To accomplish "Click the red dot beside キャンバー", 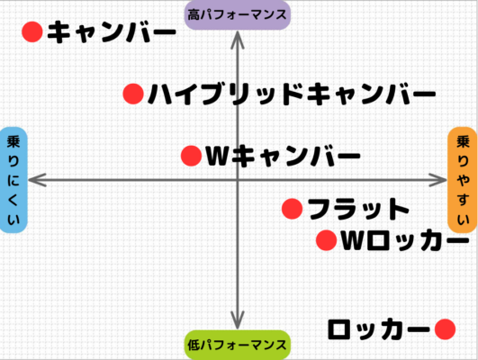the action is [32, 32].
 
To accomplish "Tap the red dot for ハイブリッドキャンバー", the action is [133, 94].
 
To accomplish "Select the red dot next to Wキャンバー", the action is [192, 156].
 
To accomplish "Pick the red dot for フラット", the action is [293, 209].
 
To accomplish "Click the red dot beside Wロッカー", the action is [327, 240].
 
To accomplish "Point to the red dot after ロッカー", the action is [445, 329].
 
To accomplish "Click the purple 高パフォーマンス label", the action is [238, 15].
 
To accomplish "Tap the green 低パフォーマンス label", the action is [238, 345].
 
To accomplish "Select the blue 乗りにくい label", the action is [14, 180].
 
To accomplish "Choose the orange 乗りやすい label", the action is [463, 180].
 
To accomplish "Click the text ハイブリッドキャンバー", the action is [292, 94].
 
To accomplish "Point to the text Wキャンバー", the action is [284, 156].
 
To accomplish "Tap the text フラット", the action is [358, 209].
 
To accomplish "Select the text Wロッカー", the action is [405, 240].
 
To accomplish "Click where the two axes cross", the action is [238, 180].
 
